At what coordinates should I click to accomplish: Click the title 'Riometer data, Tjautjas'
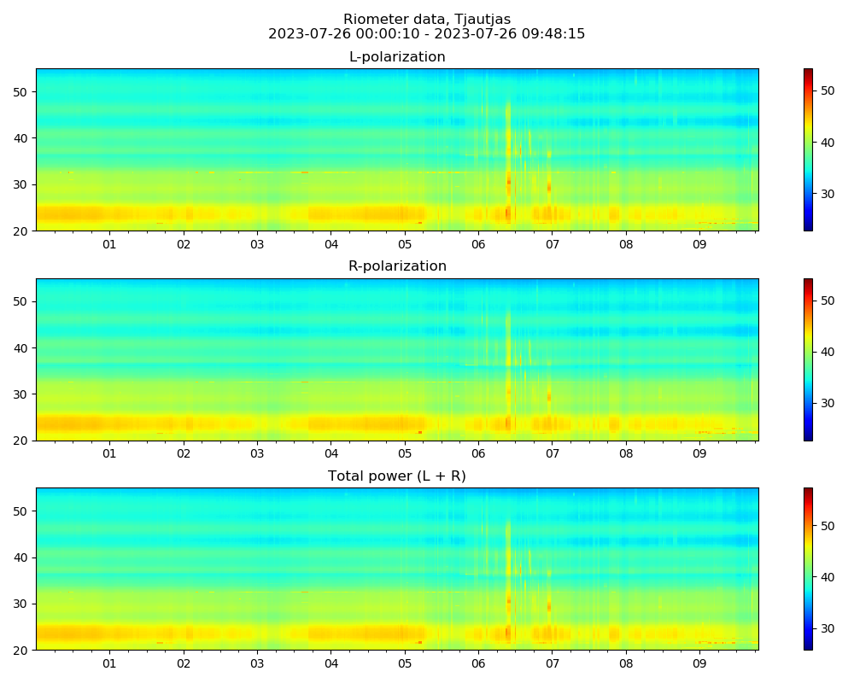coord(427,20)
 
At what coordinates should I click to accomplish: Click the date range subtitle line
coord(427,34)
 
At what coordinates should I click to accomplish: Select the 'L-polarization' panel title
coord(397,57)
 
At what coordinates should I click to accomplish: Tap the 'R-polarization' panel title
coord(397,266)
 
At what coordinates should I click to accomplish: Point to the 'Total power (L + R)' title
coord(397,476)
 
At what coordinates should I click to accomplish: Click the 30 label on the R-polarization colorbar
coord(827,403)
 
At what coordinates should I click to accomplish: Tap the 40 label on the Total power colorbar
coord(827,577)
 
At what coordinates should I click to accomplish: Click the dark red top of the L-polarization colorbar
coord(808,71)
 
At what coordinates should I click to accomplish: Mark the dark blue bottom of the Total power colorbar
coord(808,647)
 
